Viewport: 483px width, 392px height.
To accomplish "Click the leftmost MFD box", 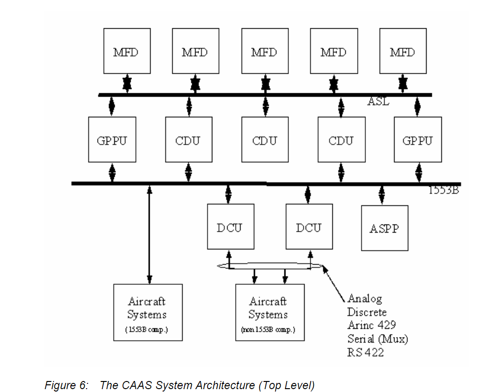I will point(127,51).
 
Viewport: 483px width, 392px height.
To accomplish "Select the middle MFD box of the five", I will point(265,51).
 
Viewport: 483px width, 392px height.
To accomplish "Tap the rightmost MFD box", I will point(403,51).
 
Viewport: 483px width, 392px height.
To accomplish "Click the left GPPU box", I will point(112,140).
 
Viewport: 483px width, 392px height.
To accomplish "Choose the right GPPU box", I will point(417,140).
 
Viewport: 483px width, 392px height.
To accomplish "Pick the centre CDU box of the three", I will point(265,140).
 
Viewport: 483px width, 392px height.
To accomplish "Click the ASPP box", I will point(384,228).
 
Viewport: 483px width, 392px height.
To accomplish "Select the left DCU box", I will point(230,227).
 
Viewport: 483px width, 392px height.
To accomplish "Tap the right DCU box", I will point(309,227).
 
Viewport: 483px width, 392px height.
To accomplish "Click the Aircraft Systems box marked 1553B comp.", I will point(147,313).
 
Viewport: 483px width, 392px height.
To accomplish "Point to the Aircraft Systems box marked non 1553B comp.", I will point(269,313).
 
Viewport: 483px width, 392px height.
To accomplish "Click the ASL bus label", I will point(378,102).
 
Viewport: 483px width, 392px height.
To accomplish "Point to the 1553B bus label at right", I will point(443,190).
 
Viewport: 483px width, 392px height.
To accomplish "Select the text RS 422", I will point(365,353).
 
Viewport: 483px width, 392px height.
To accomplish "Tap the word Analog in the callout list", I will point(365,299).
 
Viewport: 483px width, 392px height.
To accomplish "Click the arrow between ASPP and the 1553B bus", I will point(381,195).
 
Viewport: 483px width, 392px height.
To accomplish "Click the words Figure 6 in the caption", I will point(66,385).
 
